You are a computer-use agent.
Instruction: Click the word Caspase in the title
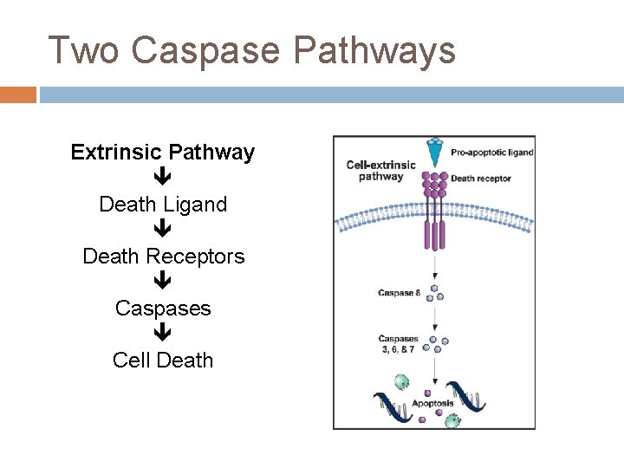[x=207, y=50]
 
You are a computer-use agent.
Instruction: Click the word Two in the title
[x=84, y=50]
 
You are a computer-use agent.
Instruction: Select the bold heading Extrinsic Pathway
[x=163, y=153]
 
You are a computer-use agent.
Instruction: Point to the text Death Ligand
[x=163, y=205]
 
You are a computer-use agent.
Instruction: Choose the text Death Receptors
[x=163, y=257]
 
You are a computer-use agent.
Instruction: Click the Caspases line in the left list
[x=163, y=309]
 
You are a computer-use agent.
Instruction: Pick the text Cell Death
[x=163, y=361]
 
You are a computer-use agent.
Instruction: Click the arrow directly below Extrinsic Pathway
[x=163, y=179]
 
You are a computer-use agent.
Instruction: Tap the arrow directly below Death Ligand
[x=163, y=231]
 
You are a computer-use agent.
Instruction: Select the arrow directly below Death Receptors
[x=163, y=283]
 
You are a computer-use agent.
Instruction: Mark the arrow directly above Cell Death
[x=163, y=335]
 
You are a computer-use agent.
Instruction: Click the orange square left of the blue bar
[x=18, y=94]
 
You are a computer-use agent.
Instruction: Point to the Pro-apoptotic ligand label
[x=491, y=153]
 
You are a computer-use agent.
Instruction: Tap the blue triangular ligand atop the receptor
[x=434, y=148]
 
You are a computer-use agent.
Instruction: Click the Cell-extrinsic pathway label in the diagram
[x=380, y=171]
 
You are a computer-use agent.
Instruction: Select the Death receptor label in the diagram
[x=481, y=179]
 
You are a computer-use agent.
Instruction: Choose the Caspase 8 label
[x=399, y=293]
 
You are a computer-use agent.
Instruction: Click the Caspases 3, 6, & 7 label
[x=398, y=343]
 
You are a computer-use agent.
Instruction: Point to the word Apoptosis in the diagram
[x=432, y=404]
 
